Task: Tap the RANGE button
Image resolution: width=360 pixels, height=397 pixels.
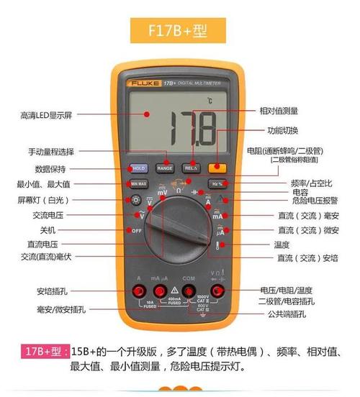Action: point(165,167)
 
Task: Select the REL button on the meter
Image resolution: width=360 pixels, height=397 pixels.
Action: point(190,167)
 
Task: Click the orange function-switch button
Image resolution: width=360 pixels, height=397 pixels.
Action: point(215,167)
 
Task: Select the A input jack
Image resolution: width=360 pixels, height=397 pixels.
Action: point(138,291)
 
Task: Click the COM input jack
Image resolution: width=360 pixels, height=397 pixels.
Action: point(190,291)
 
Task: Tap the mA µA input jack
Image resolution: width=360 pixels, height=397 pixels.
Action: point(163,291)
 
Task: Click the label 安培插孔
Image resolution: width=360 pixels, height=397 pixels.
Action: point(50,291)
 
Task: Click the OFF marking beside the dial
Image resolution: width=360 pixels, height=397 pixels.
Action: point(136,230)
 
